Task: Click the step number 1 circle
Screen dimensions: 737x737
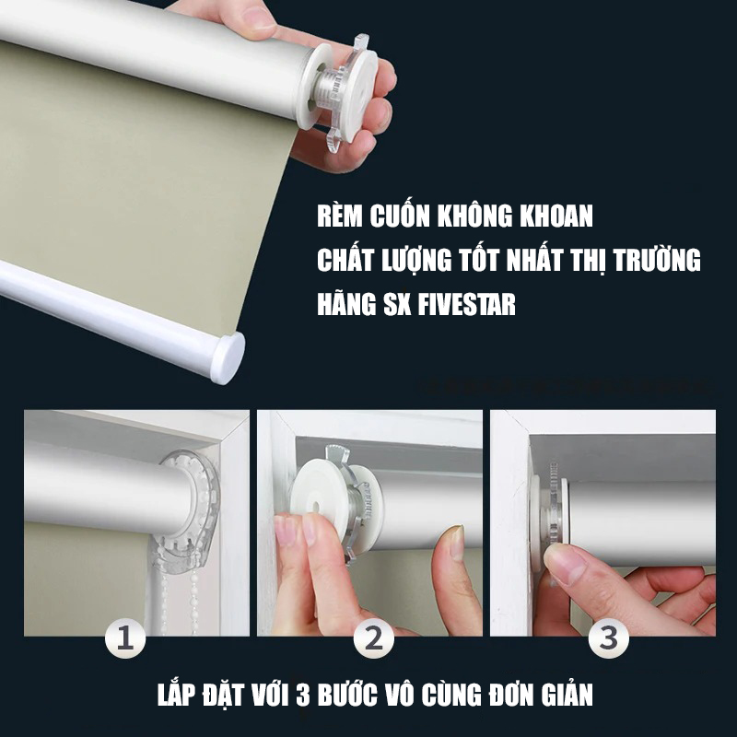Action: (125, 638)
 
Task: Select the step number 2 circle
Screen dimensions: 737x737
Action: (374, 638)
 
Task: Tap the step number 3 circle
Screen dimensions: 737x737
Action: (608, 638)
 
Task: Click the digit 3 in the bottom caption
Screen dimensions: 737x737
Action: (303, 696)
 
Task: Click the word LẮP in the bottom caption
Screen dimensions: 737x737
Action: (175, 694)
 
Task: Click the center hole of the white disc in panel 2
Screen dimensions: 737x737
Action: (314, 507)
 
